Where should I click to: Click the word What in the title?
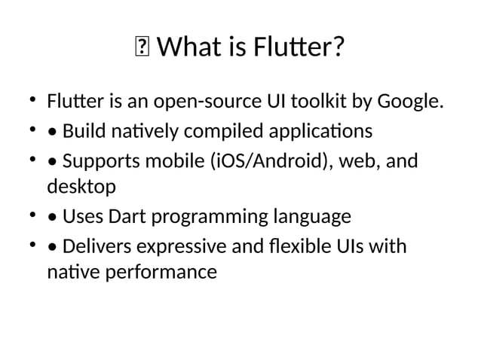click(188, 50)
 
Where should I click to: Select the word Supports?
click(101, 163)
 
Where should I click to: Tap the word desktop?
click(81, 185)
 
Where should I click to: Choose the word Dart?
click(127, 217)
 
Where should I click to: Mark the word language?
click(312, 217)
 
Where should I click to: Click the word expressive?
click(183, 248)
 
